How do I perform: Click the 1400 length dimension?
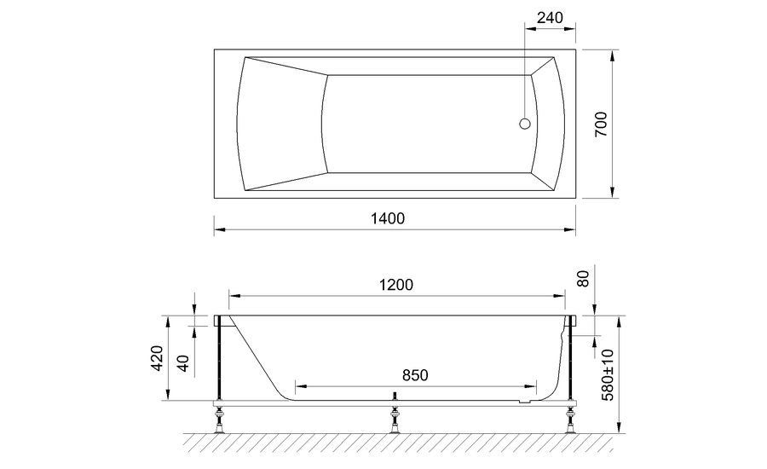[387, 218]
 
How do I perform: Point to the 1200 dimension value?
[396, 285]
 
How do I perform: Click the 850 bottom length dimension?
[414, 375]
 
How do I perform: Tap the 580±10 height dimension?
[607, 375]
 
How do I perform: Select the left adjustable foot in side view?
[222, 417]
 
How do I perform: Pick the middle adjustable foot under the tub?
[395, 417]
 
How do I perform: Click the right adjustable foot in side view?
[568, 417]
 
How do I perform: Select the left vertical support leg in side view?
[222, 358]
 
